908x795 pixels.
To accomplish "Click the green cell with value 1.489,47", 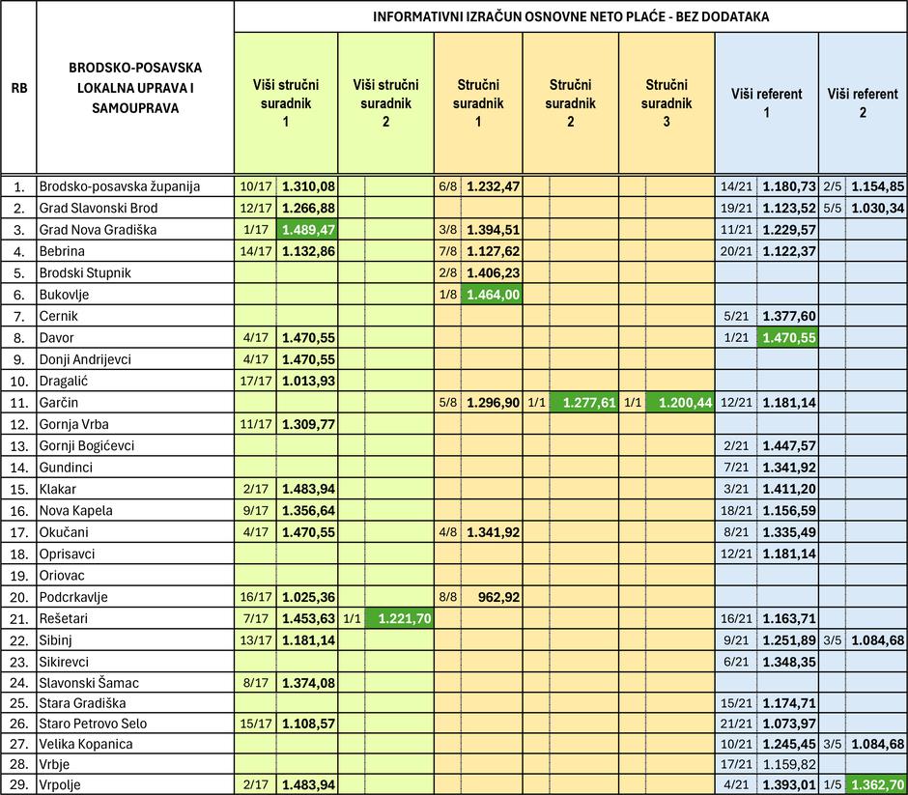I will click(x=307, y=230).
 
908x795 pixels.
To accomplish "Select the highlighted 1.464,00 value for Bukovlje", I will click(x=493, y=295).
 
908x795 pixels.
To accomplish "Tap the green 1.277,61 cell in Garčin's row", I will click(x=583, y=403).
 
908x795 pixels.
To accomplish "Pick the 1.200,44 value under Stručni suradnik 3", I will click(x=680, y=403).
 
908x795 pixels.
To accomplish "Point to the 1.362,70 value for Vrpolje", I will click(x=877, y=785).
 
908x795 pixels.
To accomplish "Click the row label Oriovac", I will click(x=65, y=576).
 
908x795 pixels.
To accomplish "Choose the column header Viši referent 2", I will click(x=863, y=102).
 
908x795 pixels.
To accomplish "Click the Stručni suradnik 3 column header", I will click(x=667, y=102).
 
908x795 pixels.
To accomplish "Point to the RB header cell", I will click(x=18, y=88).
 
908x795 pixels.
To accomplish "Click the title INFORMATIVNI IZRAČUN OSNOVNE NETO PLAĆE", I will click(x=571, y=17).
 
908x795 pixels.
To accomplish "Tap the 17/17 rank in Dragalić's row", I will click(x=256, y=381).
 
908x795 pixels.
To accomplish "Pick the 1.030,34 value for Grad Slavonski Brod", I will click(x=877, y=208).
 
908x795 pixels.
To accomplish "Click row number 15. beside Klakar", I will click(x=18, y=489).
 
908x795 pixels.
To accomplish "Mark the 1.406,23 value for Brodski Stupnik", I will click(x=493, y=272).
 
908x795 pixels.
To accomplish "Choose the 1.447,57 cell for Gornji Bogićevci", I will click(x=789, y=445).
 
